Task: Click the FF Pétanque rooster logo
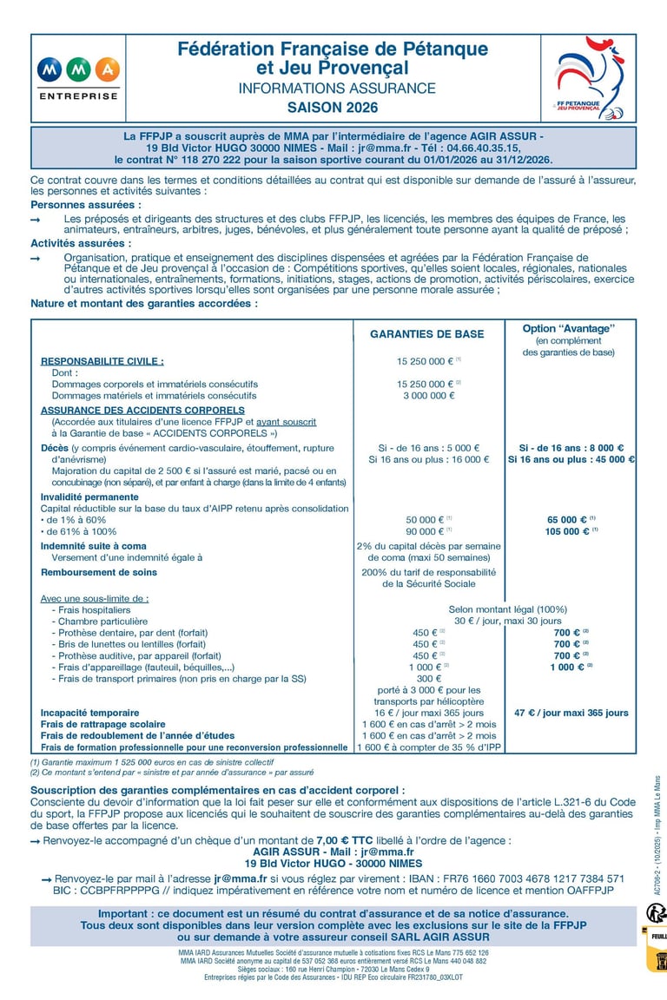pyautogui.click(x=591, y=78)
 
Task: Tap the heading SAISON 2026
pyautogui.click(x=333, y=109)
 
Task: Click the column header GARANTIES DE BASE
pyautogui.click(x=427, y=333)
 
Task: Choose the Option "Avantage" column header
pyautogui.click(x=569, y=328)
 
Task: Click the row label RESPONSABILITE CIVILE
pyautogui.click(x=102, y=361)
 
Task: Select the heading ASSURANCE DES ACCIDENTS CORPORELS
pyautogui.click(x=142, y=410)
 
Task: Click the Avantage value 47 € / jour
pyautogui.click(x=571, y=713)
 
